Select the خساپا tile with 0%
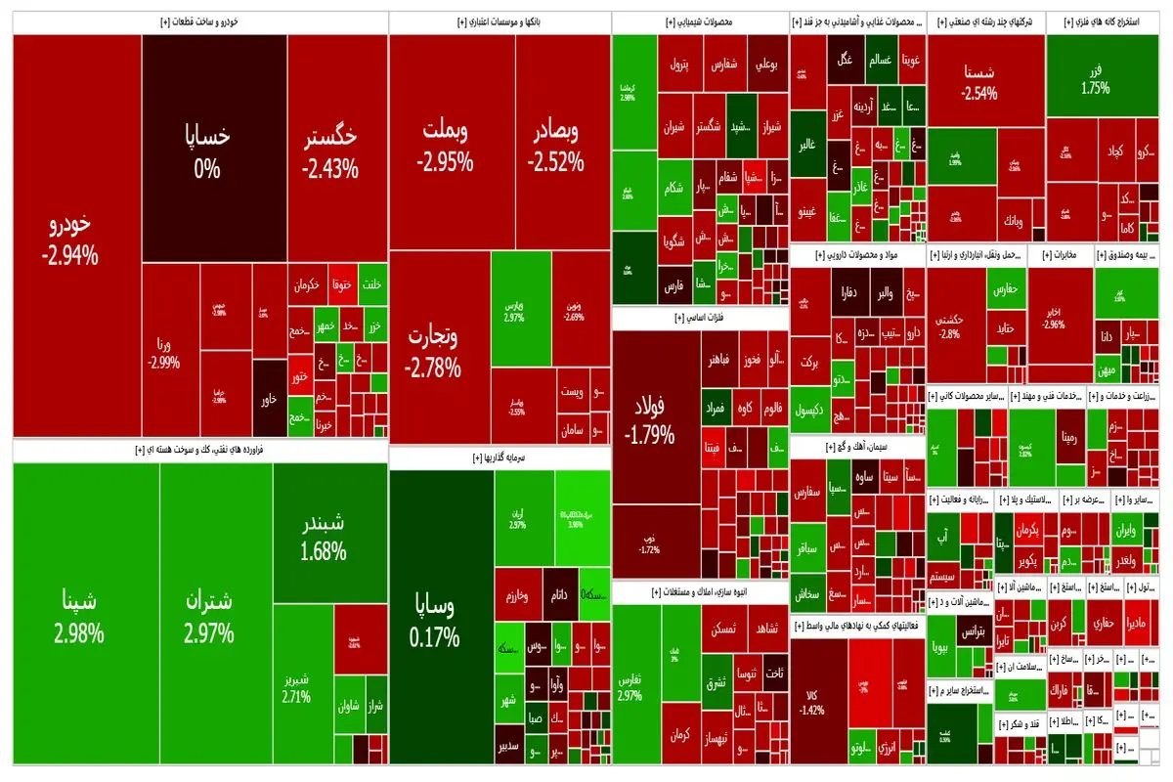click(x=207, y=152)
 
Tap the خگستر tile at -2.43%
click(x=330, y=152)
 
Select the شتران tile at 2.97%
click(x=208, y=616)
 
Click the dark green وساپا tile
click(x=435, y=621)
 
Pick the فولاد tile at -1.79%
click(x=649, y=415)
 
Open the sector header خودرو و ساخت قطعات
click(x=201, y=22)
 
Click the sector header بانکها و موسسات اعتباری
click(x=500, y=22)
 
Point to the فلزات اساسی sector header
click(x=700, y=318)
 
